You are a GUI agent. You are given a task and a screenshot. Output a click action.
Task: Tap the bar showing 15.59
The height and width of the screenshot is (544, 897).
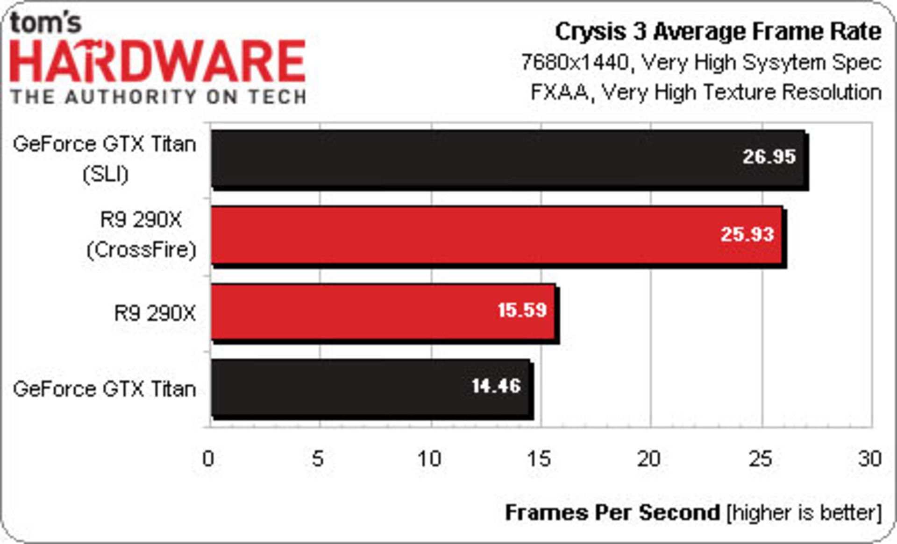click(x=383, y=311)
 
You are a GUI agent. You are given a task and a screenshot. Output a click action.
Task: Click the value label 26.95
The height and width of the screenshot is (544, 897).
click(x=769, y=157)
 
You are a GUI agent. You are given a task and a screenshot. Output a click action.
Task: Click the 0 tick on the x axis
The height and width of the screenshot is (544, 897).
click(x=208, y=459)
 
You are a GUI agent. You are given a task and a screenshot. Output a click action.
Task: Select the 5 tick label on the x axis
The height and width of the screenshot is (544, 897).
click(x=318, y=459)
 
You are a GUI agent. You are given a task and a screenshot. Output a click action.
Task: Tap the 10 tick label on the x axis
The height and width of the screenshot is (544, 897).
click(x=429, y=459)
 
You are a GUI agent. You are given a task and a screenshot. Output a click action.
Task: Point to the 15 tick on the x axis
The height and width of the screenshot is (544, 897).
click(x=539, y=459)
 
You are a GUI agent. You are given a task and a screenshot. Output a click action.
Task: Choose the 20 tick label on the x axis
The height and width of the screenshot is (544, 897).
click(x=649, y=459)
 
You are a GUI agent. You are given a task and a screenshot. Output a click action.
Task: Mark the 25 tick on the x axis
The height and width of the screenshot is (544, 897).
click(x=760, y=459)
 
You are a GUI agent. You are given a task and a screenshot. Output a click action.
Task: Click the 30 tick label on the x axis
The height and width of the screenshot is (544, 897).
click(x=870, y=459)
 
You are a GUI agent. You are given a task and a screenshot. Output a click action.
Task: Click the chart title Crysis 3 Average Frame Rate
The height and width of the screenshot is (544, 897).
click(x=718, y=32)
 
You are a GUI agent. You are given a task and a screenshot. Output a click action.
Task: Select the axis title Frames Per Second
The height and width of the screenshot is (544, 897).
click(x=612, y=513)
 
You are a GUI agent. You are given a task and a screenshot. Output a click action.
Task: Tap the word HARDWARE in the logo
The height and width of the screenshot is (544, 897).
click(x=157, y=62)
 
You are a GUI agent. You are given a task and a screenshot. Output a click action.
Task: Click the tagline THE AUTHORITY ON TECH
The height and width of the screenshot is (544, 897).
click(x=158, y=97)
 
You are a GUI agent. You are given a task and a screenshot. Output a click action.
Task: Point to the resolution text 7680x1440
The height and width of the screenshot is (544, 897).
click(x=575, y=62)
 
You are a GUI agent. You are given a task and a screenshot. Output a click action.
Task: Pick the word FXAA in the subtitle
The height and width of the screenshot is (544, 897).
click(x=560, y=92)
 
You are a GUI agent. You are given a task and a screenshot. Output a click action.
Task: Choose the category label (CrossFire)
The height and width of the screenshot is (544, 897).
click(x=141, y=250)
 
